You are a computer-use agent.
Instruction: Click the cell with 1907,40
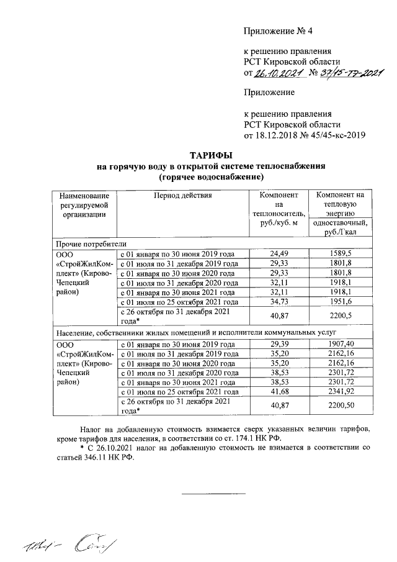340,345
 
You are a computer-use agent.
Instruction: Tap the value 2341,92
340,392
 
